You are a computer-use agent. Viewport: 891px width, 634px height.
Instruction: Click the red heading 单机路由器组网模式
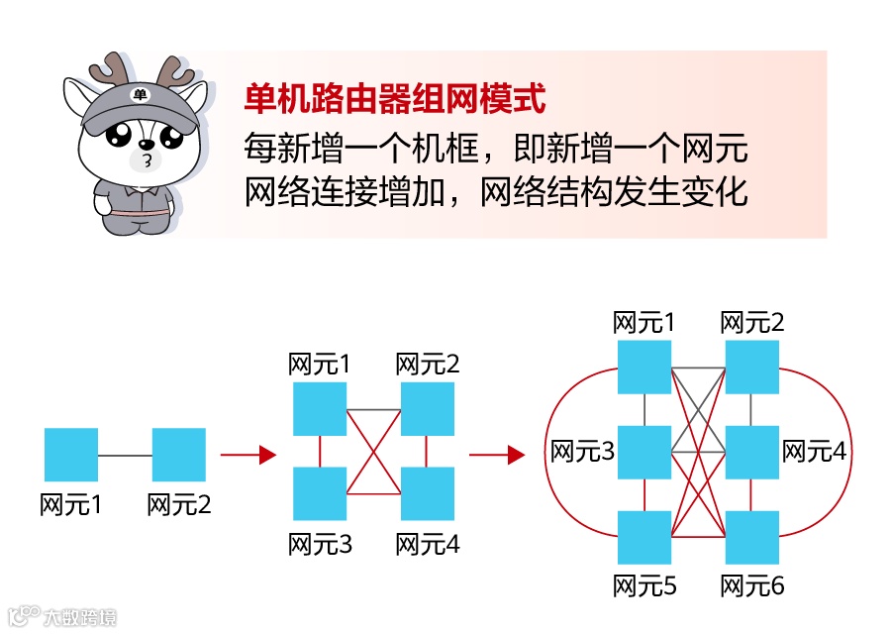point(395,99)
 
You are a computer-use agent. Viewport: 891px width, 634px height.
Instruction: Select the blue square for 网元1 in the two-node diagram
point(71,455)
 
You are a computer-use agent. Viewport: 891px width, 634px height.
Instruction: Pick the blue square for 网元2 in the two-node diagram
point(179,455)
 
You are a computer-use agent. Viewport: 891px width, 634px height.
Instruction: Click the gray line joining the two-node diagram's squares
point(125,455)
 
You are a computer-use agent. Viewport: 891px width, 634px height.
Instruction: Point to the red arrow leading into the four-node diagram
point(247,455)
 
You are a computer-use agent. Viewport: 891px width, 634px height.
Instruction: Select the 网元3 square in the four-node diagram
point(320,493)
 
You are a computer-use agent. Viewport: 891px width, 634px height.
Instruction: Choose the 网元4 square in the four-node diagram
point(428,493)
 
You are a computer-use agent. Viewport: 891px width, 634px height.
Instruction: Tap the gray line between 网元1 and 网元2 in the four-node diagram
point(373,409)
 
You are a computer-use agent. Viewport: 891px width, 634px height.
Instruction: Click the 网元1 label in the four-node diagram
point(320,364)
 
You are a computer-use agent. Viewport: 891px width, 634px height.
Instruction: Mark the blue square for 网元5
point(644,538)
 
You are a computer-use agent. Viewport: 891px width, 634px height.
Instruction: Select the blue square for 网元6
point(752,538)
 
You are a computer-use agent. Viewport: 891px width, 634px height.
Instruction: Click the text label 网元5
point(644,585)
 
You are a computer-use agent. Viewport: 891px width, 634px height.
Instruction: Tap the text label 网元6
point(752,585)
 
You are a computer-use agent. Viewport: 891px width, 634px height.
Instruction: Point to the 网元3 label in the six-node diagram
point(583,452)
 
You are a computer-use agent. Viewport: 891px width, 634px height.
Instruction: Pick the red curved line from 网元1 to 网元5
point(547,453)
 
